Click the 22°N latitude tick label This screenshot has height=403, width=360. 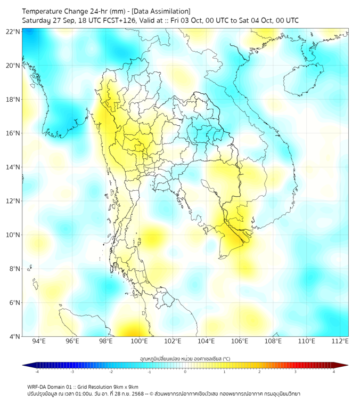pyautogui.click(x=13, y=31)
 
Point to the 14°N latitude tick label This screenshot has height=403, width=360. pyautogui.click(x=13, y=167)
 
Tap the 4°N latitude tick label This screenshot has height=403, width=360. pyautogui.click(x=14, y=336)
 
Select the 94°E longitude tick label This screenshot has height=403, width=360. pyautogui.click(x=39, y=341)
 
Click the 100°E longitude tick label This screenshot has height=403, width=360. pyautogui.click(x=139, y=341)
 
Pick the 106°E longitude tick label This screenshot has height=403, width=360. pyautogui.click(x=240, y=341)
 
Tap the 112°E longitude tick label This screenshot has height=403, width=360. pyautogui.click(x=340, y=341)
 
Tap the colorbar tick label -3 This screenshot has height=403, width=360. pyautogui.click(x=72, y=372)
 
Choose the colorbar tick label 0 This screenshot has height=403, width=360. pyautogui.click(x=185, y=372)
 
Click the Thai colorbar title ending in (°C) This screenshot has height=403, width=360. pyautogui.click(x=185, y=359)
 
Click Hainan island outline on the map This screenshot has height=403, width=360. pyautogui.click(x=301, y=80)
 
